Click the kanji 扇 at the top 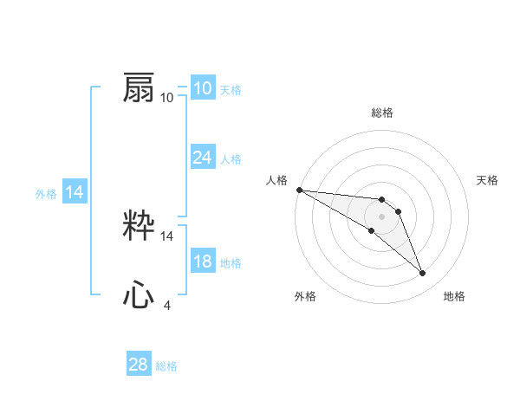(x=139, y=88)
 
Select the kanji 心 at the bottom (x=139, y=296)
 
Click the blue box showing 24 (x=202, y=158)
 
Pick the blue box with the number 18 (x=202, y=262)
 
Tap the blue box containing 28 (x=139, y=365)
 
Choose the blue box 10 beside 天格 (x=202, y=88)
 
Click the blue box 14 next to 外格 (x=75, y=192)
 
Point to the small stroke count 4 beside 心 (x=166, y=305)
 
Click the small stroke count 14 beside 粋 (x=167, y=236)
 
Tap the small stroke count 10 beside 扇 (x=167, y=97)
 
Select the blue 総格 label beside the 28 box (x=166, y=366)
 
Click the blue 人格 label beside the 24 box (x=231, y=159)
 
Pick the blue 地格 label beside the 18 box (x=231, y=263)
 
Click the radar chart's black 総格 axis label (x=382, y=113)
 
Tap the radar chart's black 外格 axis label (x=305, y=296)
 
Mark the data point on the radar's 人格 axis (x=299, y=190)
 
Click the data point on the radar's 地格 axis (x=423, y=274)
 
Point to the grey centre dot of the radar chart (x=382, y=216)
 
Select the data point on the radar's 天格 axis (x=399, y=211)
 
